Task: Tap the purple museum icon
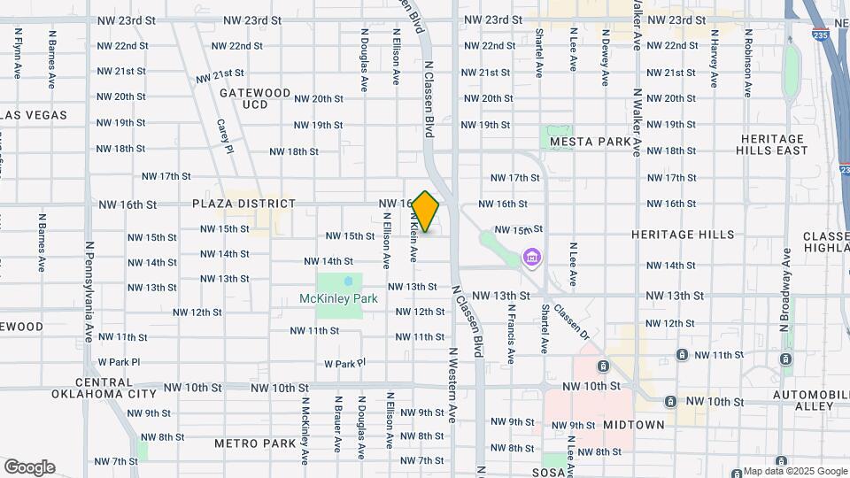531,258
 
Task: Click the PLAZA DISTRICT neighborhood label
243,204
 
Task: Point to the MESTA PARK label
591,142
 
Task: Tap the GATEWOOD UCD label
255,98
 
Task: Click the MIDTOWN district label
634,425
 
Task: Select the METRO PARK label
255,443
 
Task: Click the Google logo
28,466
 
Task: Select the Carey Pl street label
224,136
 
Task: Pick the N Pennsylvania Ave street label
89,293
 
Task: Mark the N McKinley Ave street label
304,432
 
